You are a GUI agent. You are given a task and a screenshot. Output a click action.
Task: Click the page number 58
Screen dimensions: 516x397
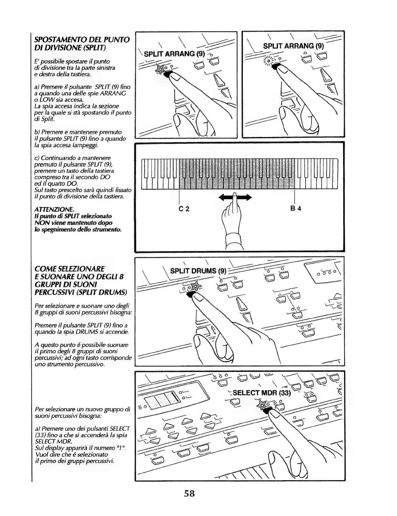190,494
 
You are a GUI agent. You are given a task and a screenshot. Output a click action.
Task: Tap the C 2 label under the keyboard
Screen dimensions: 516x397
184,209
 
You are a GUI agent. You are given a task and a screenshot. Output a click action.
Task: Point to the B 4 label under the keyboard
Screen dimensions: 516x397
296,209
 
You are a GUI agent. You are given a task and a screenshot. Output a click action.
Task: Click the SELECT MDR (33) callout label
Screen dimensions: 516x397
262,393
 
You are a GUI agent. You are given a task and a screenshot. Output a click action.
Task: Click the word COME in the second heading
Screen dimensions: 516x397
47,269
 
